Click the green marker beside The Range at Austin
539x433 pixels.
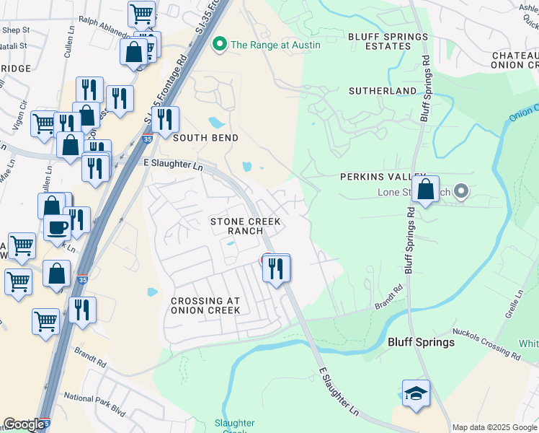[x=220, y=45]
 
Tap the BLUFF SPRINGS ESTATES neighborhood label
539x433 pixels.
[x=380, y=41]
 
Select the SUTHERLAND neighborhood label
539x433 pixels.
[x=382, y=91]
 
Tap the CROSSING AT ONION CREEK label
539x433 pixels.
[x=205, y=305]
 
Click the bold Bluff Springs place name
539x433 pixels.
[x=422, y=342]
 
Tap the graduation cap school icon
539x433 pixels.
[x=416, y=394]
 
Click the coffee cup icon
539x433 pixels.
[x=58, y=227]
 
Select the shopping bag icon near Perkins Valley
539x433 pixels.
[x=427, y=190]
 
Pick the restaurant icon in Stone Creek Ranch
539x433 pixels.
[x=276, y=268]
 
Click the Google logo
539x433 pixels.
[x=24, y=424]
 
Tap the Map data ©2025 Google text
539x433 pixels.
[x=494, y=427]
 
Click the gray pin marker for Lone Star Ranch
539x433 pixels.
[x=462, y=192]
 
